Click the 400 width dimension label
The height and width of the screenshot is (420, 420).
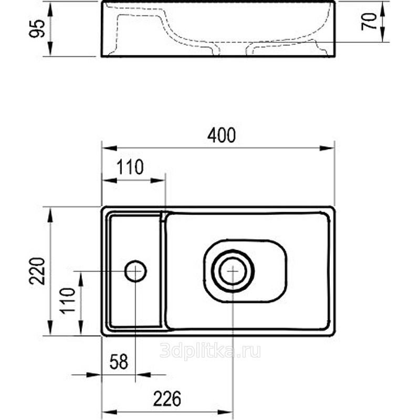click(x=222, y=135)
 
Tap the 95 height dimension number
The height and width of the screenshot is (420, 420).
click(x=37, y=28)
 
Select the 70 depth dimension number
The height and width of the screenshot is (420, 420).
click(x=369, y=22)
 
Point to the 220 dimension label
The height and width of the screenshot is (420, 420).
click(x=37, y=271)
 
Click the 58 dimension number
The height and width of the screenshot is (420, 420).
click(x=119, y=362)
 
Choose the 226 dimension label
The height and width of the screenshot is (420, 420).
click(x=167, y=398)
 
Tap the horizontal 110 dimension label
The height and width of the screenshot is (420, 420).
click(x=130, y=167)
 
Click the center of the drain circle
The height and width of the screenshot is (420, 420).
click(x=233, y=271)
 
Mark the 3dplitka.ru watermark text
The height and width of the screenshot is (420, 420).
click(x=210, y=351)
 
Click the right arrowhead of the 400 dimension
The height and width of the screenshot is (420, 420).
click(x=327, y=148)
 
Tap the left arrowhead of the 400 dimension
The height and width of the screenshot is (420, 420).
click(x=110, y=148)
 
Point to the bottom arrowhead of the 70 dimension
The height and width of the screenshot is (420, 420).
click(x=383, y=35)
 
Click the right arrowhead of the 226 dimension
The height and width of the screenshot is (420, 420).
click(x=225, y=412)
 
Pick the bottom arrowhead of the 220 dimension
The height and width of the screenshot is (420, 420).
click(x=50, y=327)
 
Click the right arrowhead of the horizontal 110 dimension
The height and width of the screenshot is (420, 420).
click(x=158, y=181)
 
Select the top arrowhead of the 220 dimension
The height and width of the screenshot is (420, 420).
click(x=50, y=215)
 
